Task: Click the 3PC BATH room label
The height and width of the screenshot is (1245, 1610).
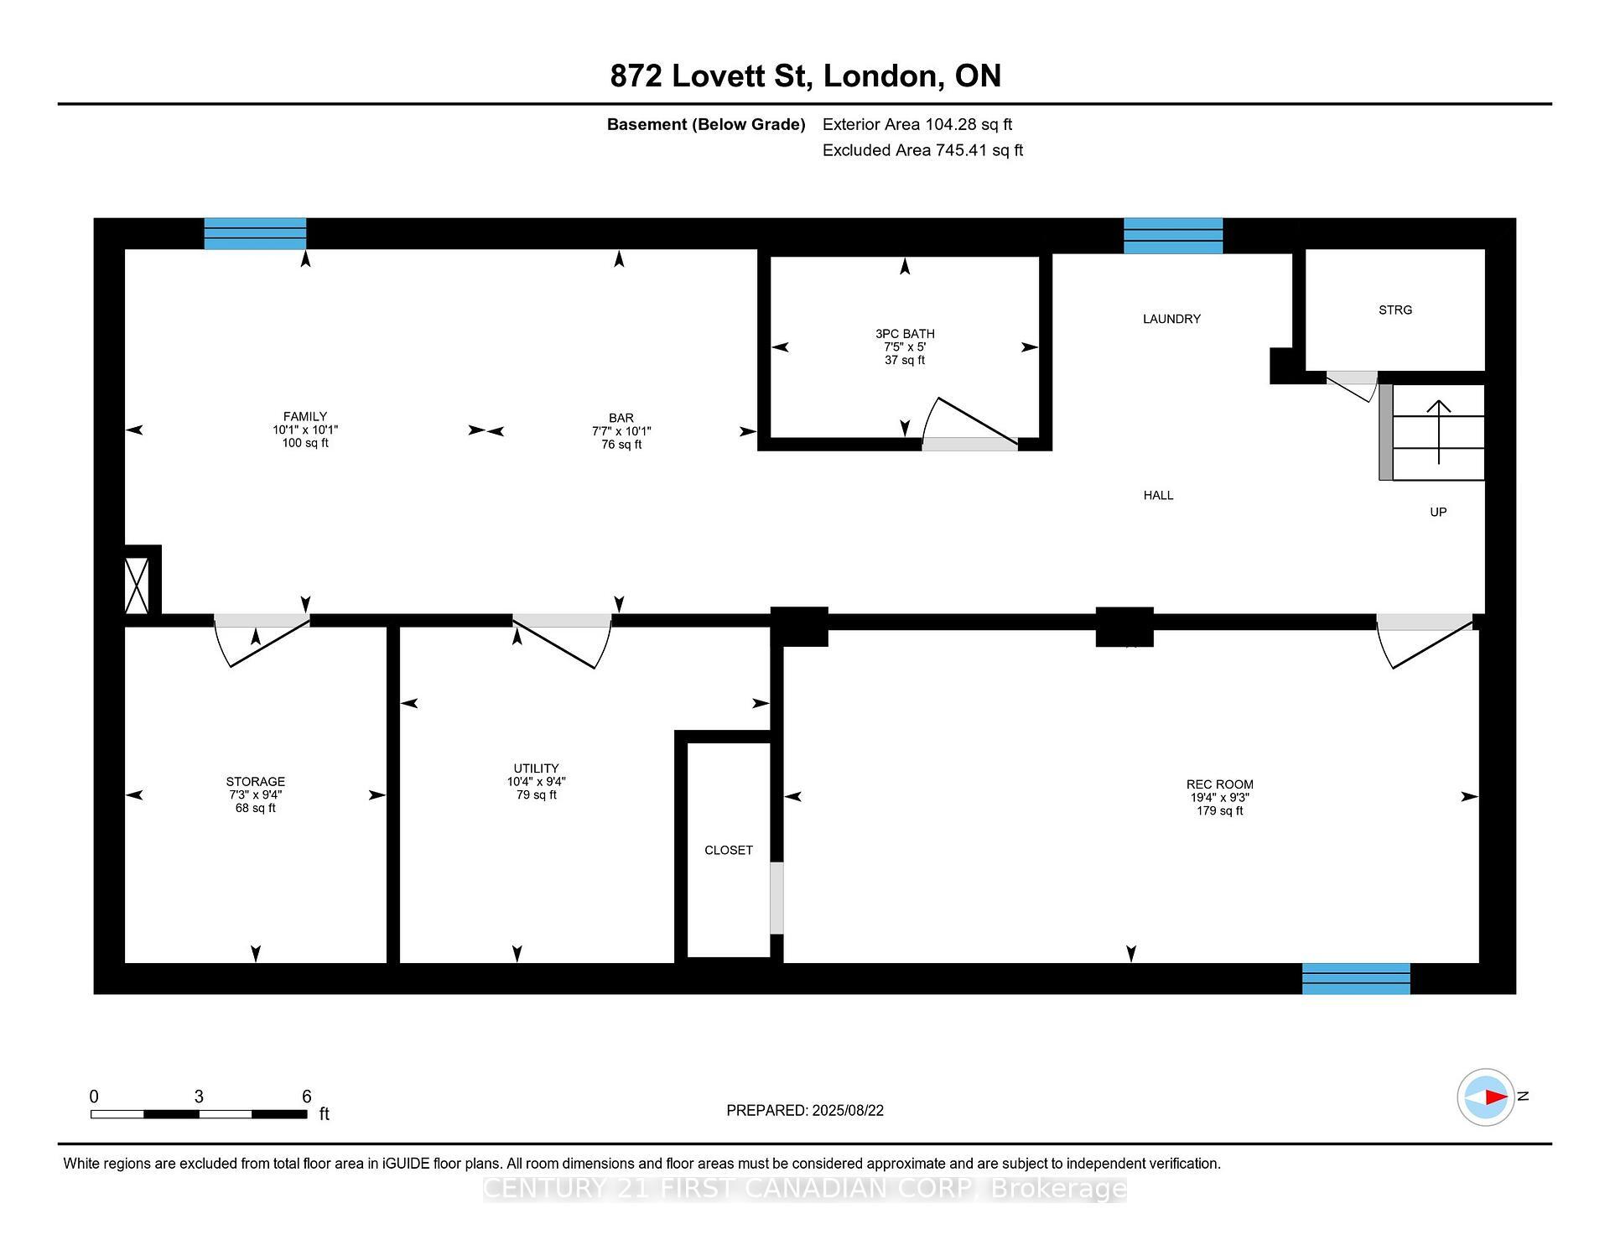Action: pos(904,333)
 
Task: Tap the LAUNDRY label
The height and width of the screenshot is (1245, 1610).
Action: pos(1171,319)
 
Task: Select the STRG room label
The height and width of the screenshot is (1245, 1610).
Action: pos(1394,310)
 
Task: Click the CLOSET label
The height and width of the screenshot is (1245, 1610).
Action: pos(728,850)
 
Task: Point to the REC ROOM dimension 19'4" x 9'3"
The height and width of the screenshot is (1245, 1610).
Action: pos(1219,798)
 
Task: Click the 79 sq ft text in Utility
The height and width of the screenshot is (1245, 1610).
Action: pos(536,794)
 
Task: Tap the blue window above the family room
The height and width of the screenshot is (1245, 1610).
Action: pos(255,233)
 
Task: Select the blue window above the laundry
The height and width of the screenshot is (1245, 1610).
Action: pos(1172,235)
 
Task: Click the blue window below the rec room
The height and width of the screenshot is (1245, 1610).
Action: pos(1355,978)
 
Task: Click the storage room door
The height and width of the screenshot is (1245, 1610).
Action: pos(262,641)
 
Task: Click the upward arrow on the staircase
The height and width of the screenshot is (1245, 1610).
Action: pos(1439,432)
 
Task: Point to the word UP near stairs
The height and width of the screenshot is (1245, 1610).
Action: pos(1438,512)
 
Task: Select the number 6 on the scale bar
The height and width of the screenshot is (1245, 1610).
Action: pos(306,1097)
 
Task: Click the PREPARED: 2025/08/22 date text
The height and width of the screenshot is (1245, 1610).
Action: pos(804,1110)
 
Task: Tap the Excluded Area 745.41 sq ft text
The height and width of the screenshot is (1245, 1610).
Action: pos(922,150)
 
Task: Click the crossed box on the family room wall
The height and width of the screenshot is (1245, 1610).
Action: pos(136,585)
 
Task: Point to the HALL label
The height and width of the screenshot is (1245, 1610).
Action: pos(1158,495)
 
